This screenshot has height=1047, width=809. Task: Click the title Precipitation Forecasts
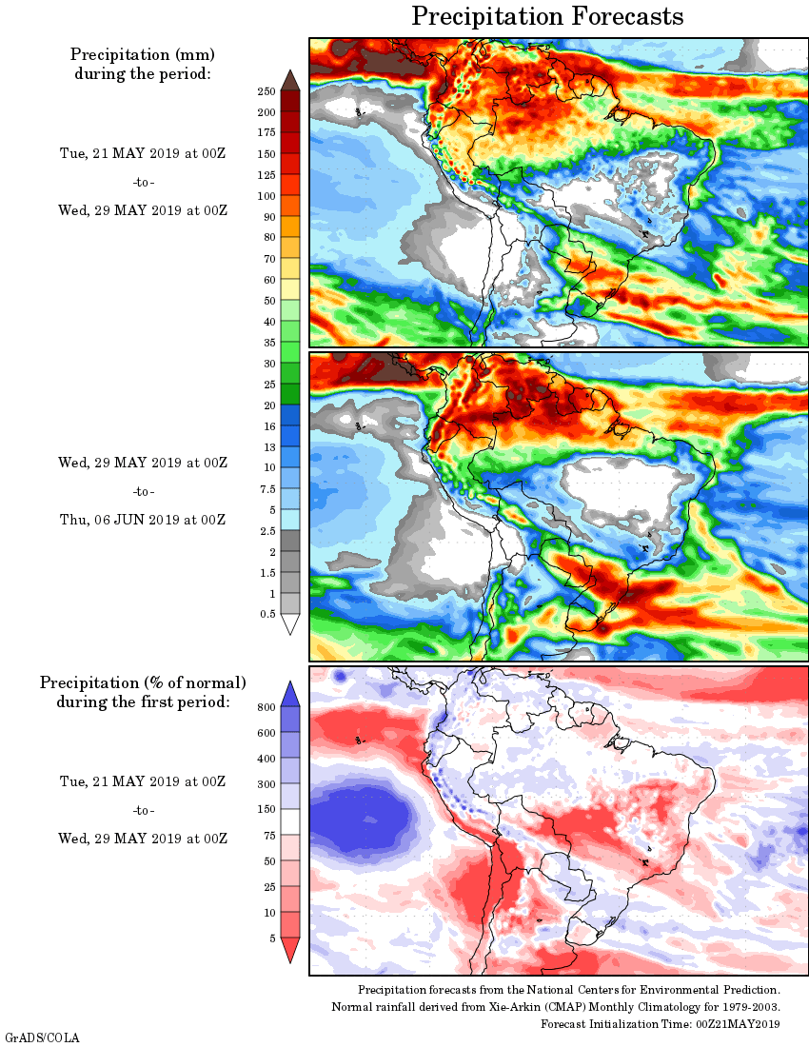pyautogui.click(x=547, y=16)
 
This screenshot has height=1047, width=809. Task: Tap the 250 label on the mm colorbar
pyautogui.click(x=266, y=91)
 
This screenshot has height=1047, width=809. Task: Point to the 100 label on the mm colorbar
pyautogui.click(x=266, y=196)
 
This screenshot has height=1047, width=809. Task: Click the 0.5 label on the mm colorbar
pyautogui.click(x=266, y=615)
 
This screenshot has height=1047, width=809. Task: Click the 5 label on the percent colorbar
pyautogui.click(x=270, y=938)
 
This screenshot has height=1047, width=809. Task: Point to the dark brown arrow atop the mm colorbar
pyautogui.click(x=290, y=80)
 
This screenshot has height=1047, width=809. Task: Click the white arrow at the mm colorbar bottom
pyautogui.click(x=290, y=623)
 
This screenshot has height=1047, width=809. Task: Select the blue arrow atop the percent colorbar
pyautogui.click(x=290, y=692)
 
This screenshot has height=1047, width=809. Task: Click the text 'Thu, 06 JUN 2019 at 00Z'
pyautogui.click(x=142, y=520)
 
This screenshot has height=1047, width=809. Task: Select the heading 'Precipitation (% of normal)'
pyautogui.click(x=143, y=682)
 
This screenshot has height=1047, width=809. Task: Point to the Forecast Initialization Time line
pyautogui.click(x=661, y=1023)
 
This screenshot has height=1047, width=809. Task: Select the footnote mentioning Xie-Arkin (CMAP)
pyautogui.click(x=556, y=1007)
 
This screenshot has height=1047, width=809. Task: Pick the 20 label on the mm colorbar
pyautogui.click(x=269, y=405)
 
